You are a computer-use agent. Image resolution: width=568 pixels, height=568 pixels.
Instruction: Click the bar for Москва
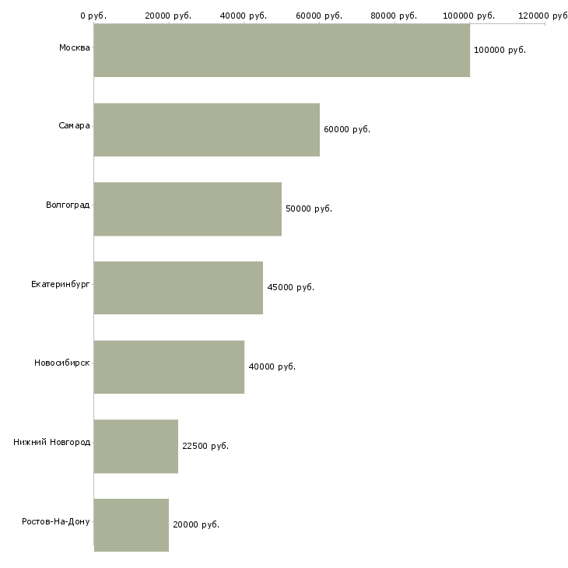click(282, 51)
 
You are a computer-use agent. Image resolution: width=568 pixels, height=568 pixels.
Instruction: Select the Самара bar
click(207, 130)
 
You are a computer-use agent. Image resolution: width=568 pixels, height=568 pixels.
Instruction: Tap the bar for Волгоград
click(188, 209)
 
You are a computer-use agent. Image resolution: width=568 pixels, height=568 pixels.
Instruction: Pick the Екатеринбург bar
click(178, 288)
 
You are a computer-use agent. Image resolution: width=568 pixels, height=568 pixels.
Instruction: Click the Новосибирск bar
click(169, 367)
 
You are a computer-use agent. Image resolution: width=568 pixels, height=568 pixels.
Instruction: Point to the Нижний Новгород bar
click(136, 447)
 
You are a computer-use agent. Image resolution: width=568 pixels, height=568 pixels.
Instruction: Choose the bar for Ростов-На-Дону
click(131, 525)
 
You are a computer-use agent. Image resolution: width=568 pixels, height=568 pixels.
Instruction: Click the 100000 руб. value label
click(500, 51)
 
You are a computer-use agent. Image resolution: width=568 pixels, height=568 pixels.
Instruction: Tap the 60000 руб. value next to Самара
click(347, 130)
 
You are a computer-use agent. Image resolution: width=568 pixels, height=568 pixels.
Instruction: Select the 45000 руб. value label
click(290, 288)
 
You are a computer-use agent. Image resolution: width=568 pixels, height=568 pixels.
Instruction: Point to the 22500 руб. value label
click(205, 447)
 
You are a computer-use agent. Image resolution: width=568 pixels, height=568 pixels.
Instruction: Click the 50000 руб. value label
click(309, 209)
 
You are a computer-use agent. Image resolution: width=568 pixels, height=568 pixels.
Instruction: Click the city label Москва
click(74, 48)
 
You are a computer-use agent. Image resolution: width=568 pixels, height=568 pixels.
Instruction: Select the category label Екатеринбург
click(61, 284)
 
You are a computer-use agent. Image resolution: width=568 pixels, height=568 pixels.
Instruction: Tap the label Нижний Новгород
click(51, 443)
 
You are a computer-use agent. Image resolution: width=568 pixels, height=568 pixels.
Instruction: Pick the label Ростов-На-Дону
click(56, 521)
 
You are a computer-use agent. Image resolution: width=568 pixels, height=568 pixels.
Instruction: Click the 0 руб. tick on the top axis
click(93, 16)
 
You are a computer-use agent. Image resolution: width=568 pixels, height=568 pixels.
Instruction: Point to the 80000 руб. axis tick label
click(394, 16)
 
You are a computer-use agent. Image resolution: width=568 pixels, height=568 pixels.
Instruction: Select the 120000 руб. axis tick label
click(544, 16)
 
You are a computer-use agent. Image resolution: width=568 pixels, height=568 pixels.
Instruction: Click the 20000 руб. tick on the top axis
click(168, 16)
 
